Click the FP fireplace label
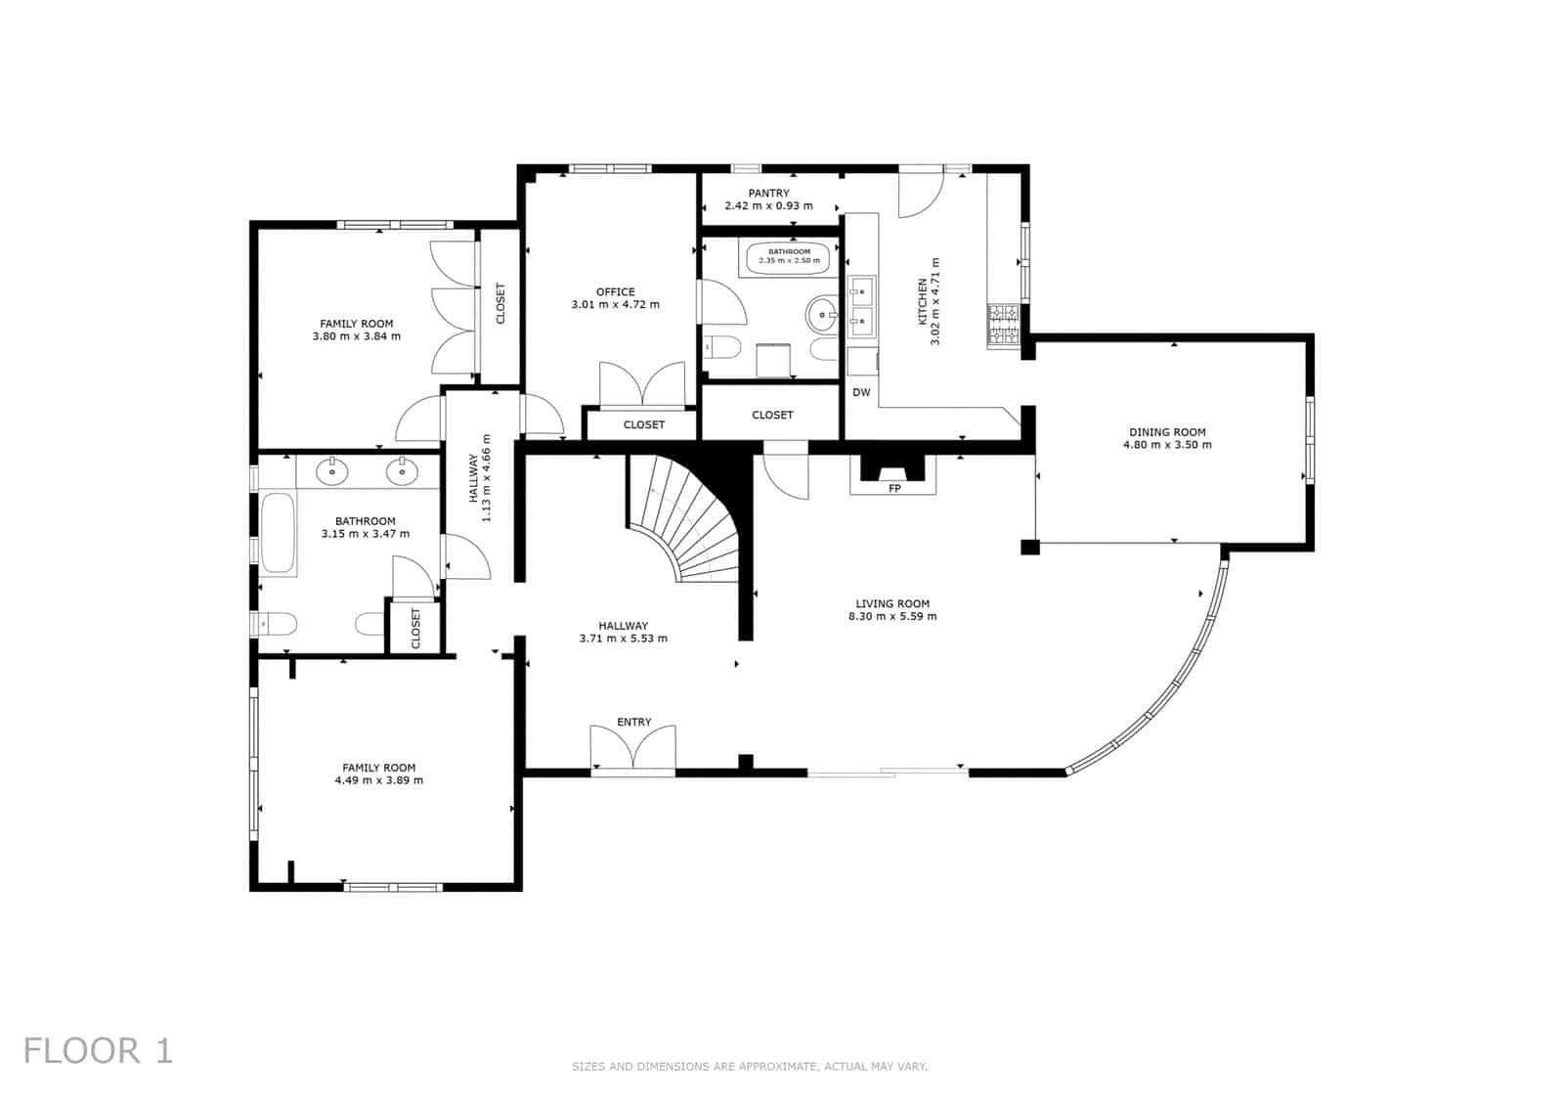coord(894,488)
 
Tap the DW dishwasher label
coord(861,393)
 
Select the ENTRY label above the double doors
coord(633,722)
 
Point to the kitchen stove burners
coord(1004,326)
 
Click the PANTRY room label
coord(768,194)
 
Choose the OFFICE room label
coord(615,291)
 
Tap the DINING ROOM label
coord(1167,432)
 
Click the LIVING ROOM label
coord(892,603)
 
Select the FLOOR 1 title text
coord(98,1051)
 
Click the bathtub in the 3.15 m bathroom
coord(278,533)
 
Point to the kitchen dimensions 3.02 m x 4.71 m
coord(935,302)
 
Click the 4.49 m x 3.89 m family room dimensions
coord(378,780)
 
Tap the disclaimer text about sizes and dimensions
coord(749,1066)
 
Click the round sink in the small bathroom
coord(820,316)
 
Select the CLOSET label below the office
coord(643,424)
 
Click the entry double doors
coord(633,749)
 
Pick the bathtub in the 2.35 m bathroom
coord(789,258)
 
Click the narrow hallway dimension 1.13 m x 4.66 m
coord(486,478)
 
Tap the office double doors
coord(642,384)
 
